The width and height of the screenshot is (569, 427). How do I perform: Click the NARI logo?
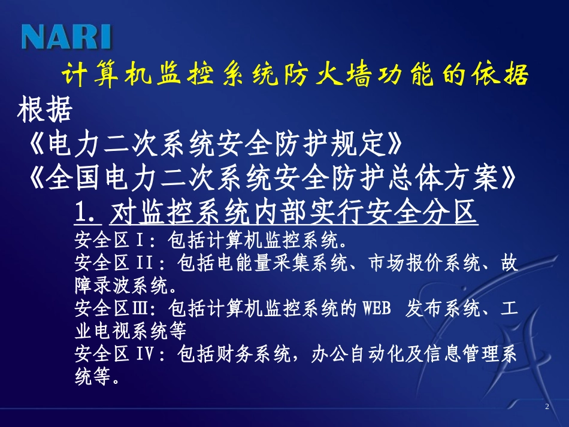pyautogui.click(x=66, y=37)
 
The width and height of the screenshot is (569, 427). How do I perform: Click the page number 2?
pyautogui.click(x=547, y=407)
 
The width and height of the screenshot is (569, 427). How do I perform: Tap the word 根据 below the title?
pyautogui.click(x=45, y=110)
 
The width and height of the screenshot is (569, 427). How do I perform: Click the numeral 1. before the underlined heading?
pyautogui.click(x=90, y=212)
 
